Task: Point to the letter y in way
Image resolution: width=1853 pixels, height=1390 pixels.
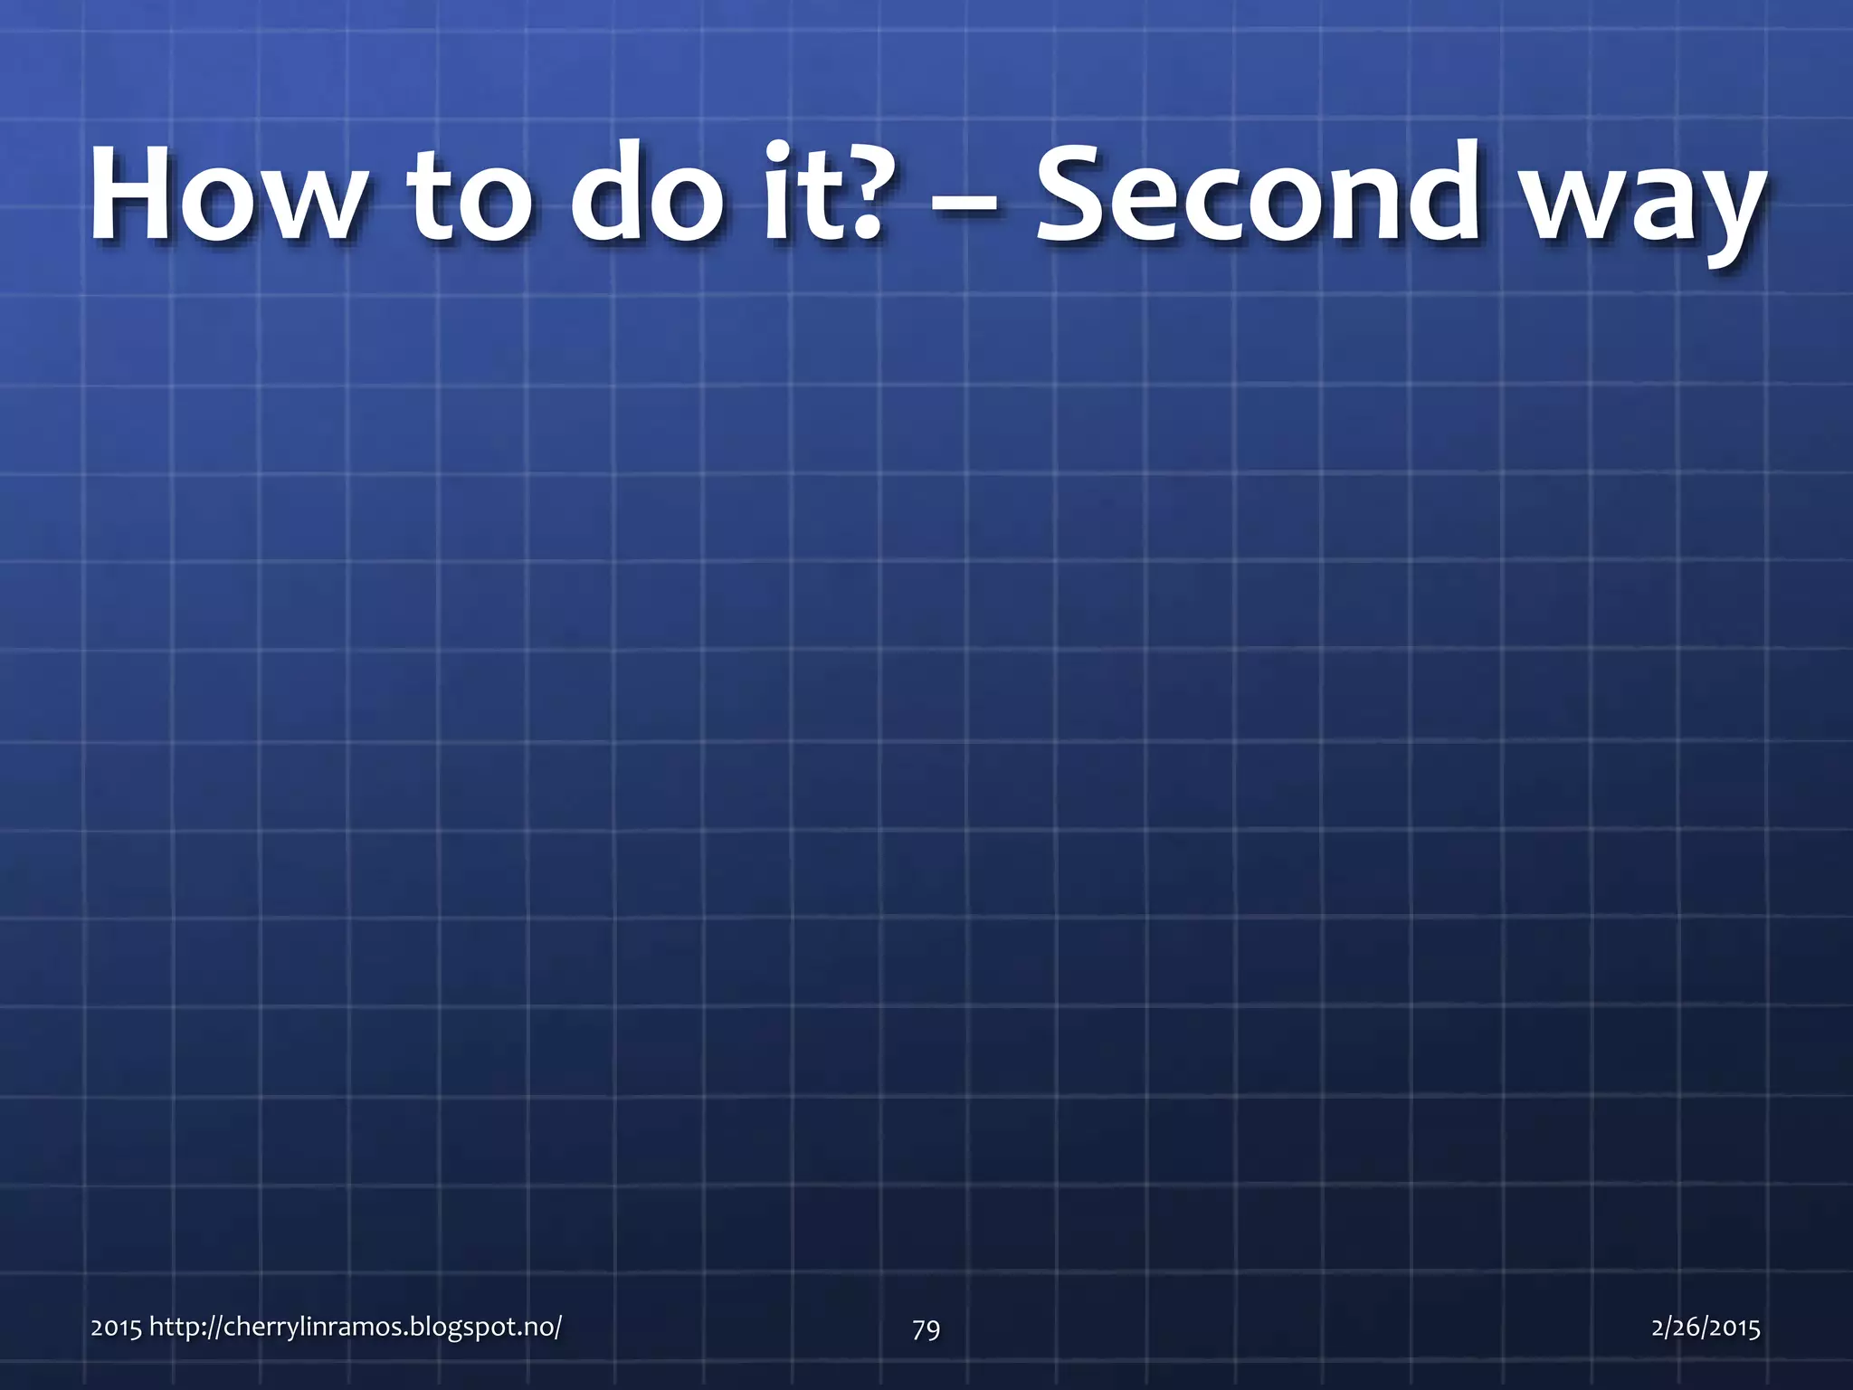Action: click(1725, 217)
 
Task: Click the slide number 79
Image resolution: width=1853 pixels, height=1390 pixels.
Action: click(926, 1328)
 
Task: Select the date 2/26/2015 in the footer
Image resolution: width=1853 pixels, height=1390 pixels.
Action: click(1706, 1328)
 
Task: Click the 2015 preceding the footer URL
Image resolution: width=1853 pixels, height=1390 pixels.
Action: click(116, 1328)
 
